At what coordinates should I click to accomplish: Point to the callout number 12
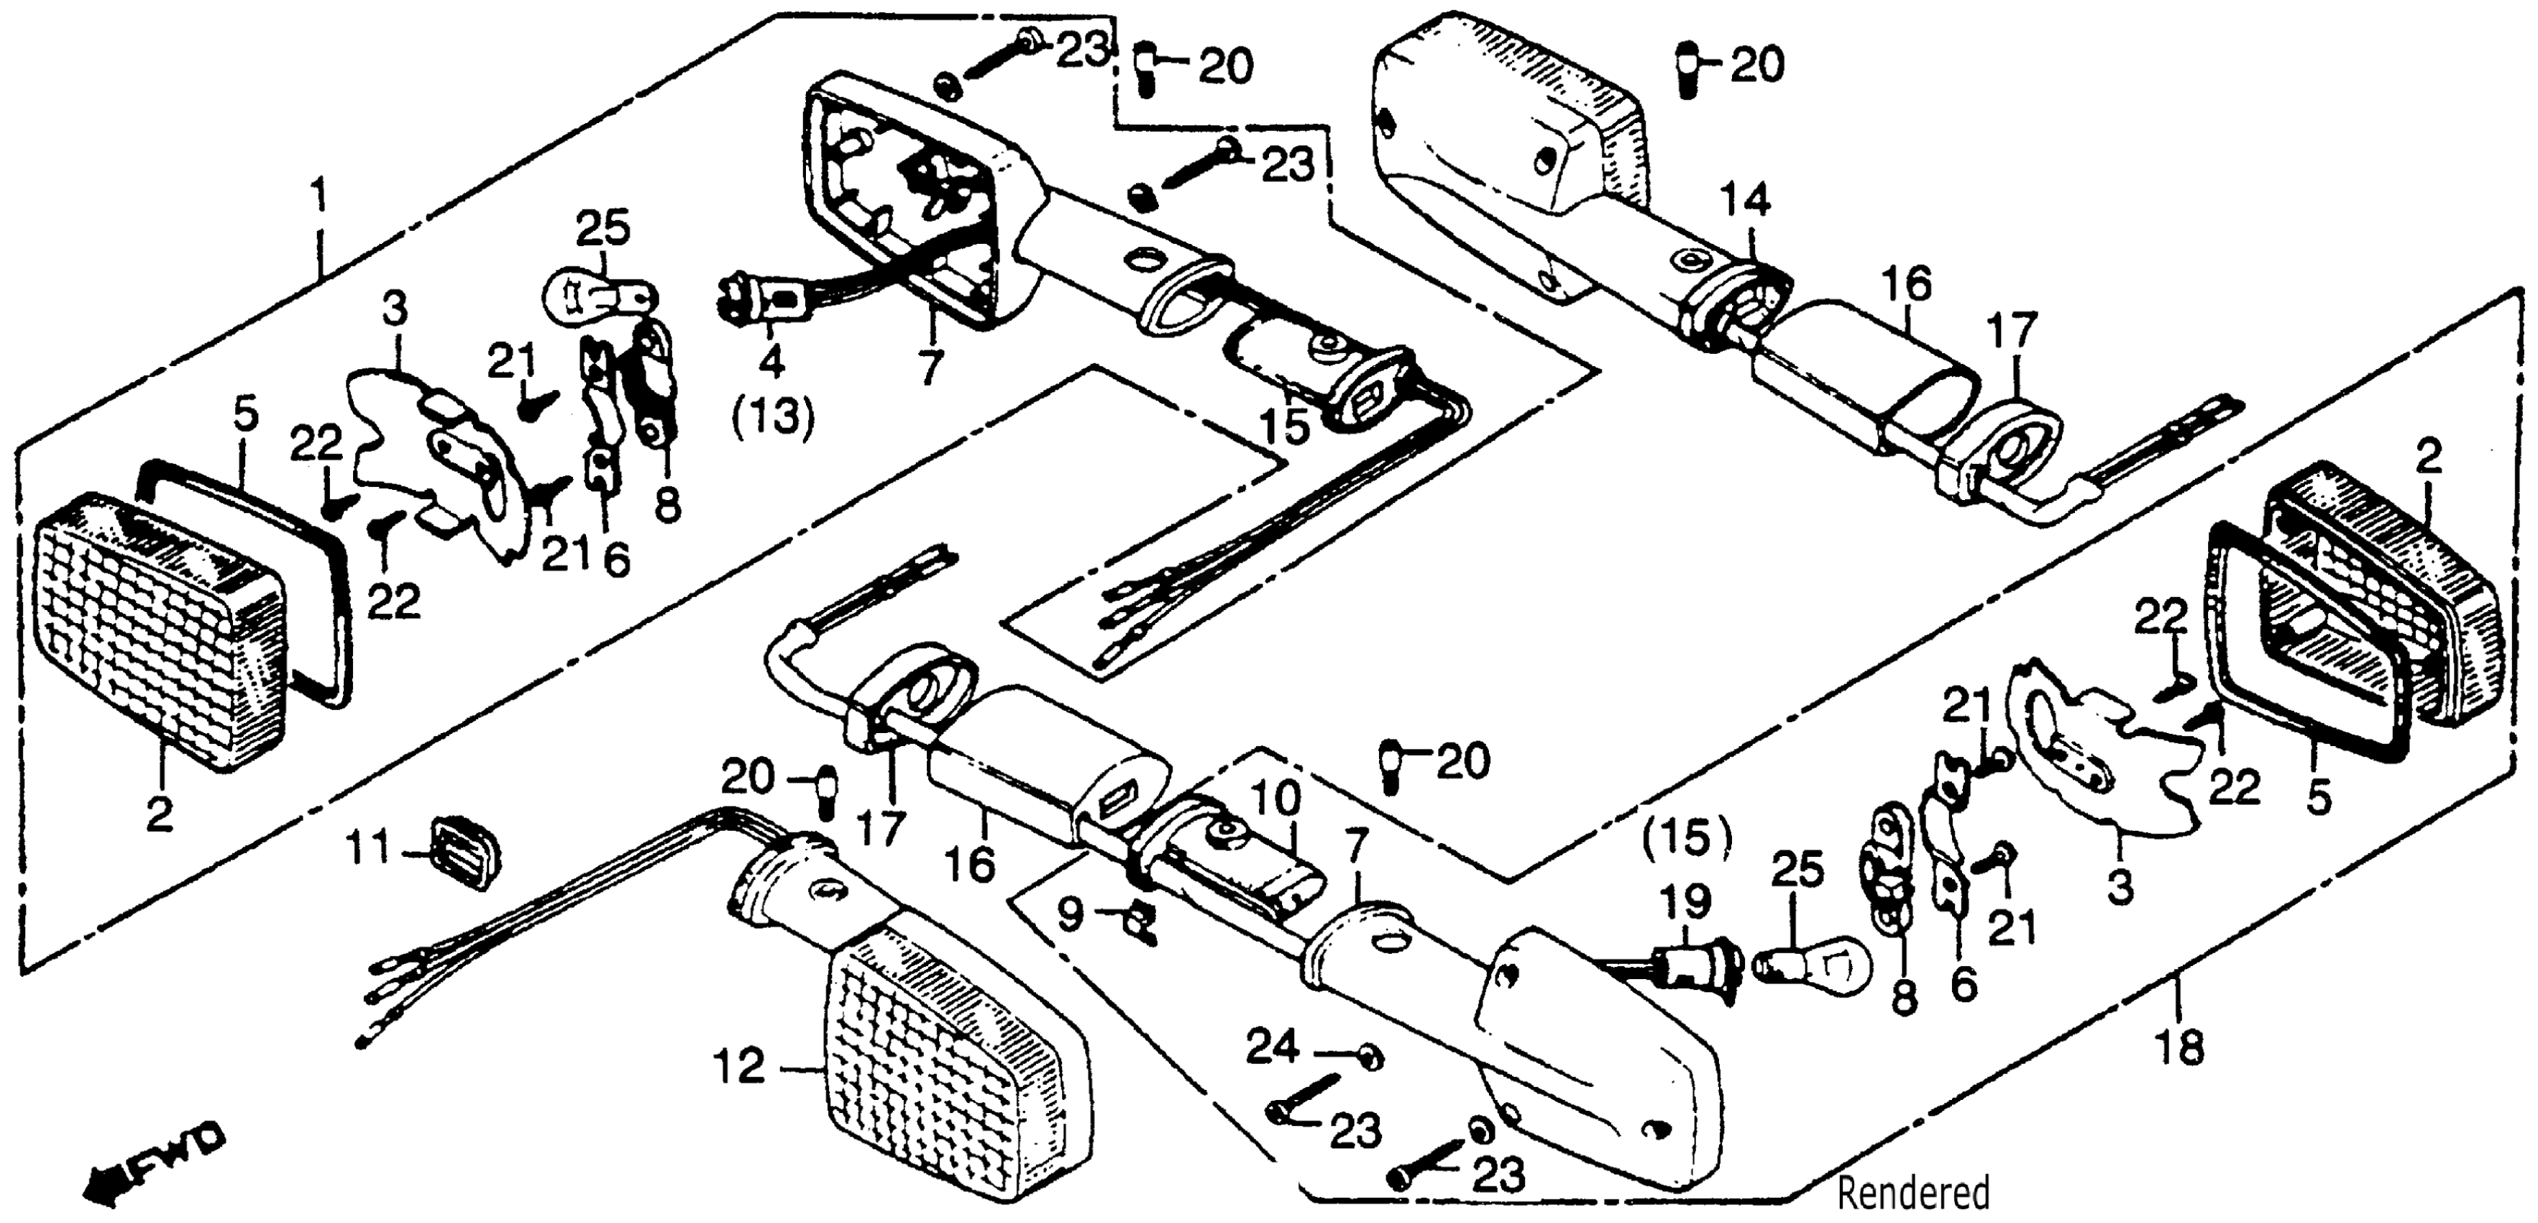point(739,1066)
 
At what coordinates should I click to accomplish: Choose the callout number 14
point(1746,200)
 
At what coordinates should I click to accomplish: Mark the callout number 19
point(1684,901)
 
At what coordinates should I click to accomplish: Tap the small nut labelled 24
point(1368,1058)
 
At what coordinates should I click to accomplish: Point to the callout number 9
point(1069,914)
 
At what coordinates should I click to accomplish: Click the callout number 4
point(771,363)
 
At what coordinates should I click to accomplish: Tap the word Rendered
point(1913,1194)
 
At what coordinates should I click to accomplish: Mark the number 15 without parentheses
point(1286,426)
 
